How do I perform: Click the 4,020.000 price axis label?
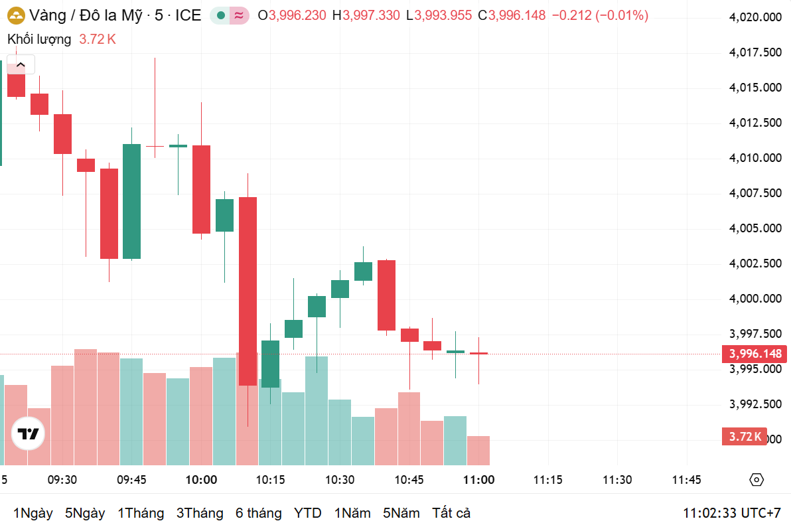[754, 17]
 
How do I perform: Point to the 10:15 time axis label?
[271, 480]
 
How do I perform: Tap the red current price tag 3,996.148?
[755, 354]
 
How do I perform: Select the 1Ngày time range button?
[33, 513]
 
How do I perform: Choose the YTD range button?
[308, 513]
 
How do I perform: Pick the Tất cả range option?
[451, 513]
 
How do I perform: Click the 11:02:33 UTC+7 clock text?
[732, 513]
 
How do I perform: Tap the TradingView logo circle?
[28, 435]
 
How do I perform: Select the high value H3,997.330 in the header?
[366, 15]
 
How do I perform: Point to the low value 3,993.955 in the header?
[443, 15]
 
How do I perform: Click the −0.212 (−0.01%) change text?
[600, 15]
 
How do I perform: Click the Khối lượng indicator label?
[39, 39]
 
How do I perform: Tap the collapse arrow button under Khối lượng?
[21, 64]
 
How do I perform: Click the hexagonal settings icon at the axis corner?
[756, 480]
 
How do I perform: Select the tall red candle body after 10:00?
[248, 291]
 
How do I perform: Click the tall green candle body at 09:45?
[131, 201]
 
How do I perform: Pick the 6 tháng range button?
[258, 513]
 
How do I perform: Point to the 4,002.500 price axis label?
[754, 264]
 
